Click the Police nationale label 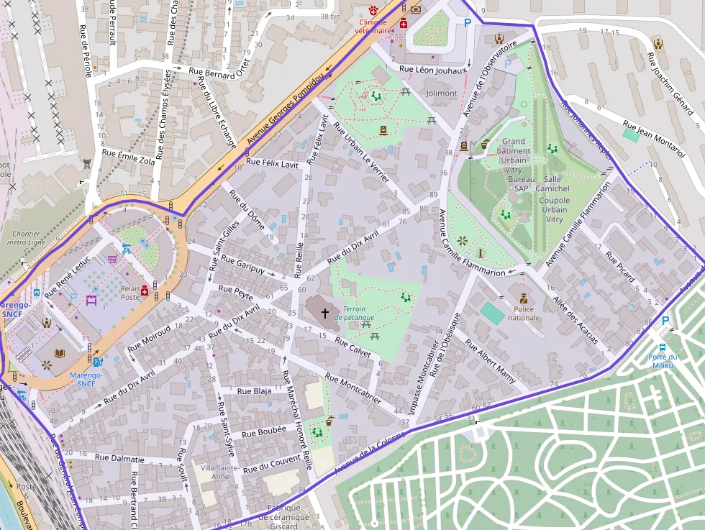524,313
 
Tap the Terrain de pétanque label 358,313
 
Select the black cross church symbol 324,314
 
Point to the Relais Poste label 129,292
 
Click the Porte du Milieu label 662,361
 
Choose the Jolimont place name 441,93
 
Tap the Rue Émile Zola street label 129,157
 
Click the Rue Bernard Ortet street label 222,73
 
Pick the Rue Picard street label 621,267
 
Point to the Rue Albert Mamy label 491,360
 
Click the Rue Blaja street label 255,391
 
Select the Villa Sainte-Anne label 215,472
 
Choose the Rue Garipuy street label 243,265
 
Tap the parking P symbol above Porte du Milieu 664,321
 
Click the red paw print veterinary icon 372,10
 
